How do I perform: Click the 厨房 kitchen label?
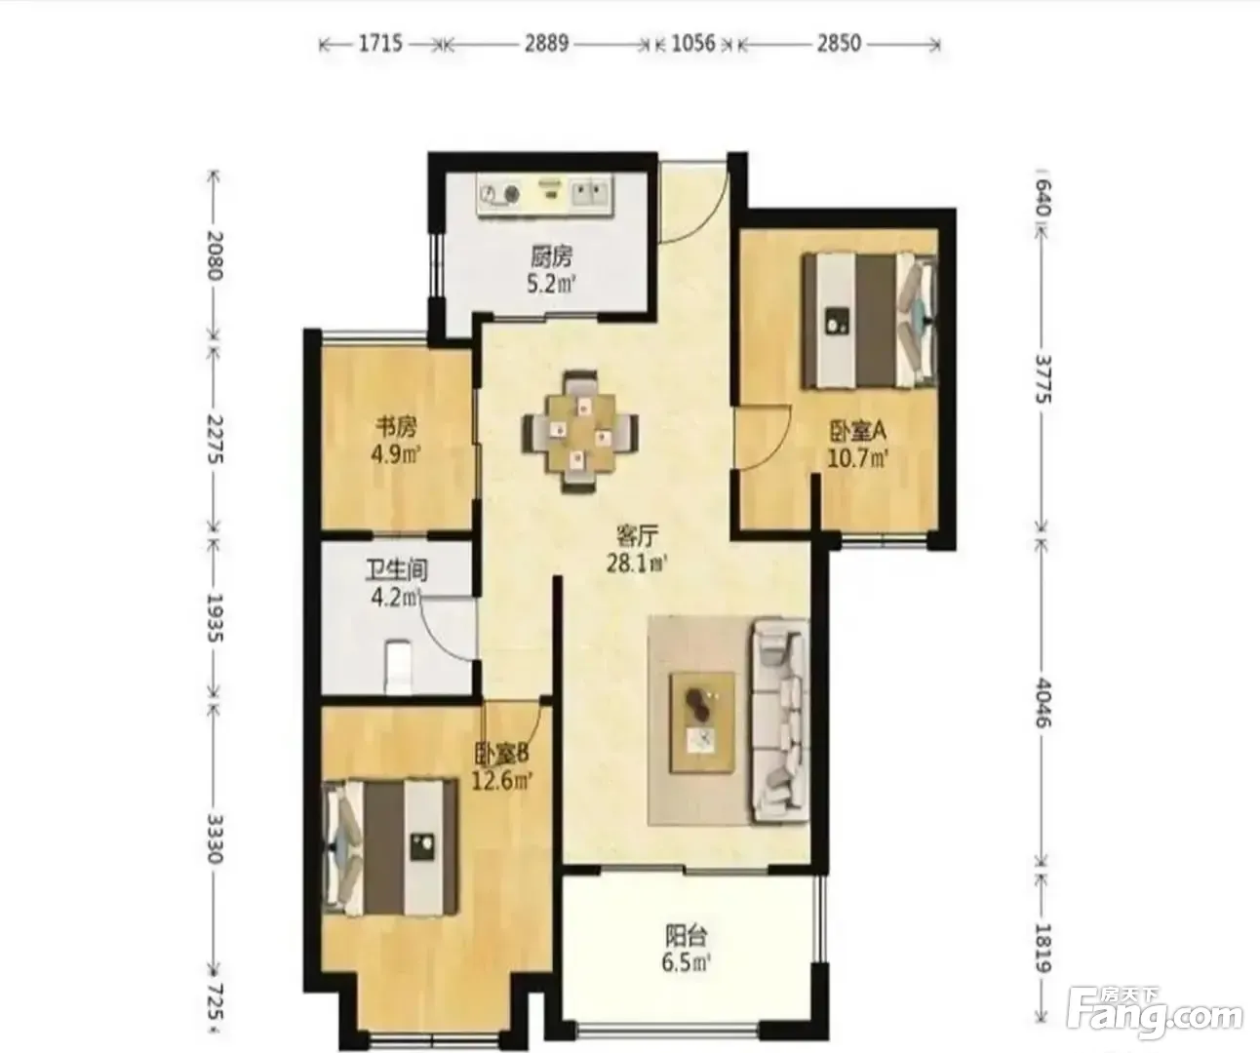[x=551, y=257]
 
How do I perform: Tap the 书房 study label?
[x=397, y=427]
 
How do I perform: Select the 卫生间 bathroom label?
[x=397, y=569]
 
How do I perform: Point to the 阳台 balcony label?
[x=687, y=936]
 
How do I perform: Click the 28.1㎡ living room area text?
[x=637, y=564]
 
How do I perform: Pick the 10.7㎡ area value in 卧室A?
[x=857, y=458]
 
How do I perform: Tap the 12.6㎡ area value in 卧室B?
[x=501, y=781]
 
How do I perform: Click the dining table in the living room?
[x=580, y=432]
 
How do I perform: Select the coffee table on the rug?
[x=702, y=721]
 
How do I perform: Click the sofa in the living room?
[x=779, y=721]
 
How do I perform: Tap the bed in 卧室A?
[x=869, y=321]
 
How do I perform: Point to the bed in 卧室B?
[x=390, y=847]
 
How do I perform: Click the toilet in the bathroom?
[x=398, y=667]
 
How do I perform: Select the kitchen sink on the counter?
[x=590, y=193]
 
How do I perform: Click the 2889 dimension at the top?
[x=547, y=44]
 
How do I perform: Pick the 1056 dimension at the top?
[x=693, y=44]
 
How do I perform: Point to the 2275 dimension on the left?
[x=216, y=439]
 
